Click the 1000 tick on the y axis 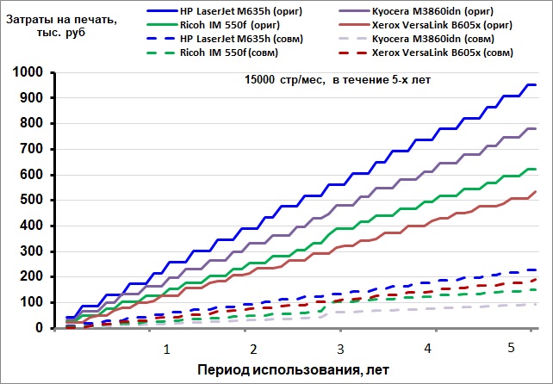tap(28, 72)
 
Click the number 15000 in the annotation tap(259, 80)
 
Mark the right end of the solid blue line tap(536, 84)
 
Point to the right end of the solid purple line tap(536, 128)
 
